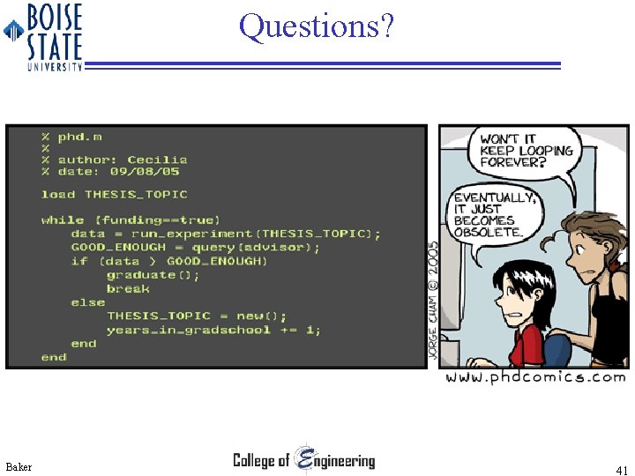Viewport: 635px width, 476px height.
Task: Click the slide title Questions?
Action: tap(316, 26)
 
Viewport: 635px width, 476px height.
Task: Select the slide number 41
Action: tap(622, 471)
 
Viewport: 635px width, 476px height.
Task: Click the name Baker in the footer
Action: tap(19, 466)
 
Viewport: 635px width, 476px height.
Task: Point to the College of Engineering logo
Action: tap(303, 459)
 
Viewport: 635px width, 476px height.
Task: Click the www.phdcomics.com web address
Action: tap(535, 377)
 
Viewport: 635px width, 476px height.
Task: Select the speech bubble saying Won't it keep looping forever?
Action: tap(526, 151)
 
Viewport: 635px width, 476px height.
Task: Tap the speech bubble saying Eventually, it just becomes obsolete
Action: tap(494, 214)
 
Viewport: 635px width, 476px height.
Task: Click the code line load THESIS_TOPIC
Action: tap(114, 194)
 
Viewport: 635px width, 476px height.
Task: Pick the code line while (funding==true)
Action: tap(131, 219)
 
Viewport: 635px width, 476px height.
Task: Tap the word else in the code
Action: tap(88, 302)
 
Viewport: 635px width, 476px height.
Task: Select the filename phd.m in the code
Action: tap(79, 137)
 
